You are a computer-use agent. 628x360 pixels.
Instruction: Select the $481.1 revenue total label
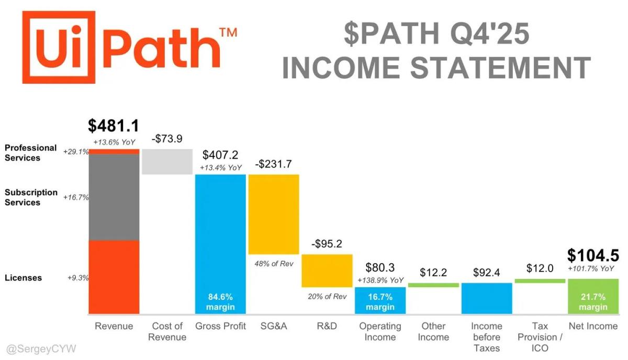click(114, 126)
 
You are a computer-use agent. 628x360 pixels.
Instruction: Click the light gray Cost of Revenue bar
click(167, 161)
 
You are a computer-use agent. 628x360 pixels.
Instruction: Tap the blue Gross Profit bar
click(220, 235)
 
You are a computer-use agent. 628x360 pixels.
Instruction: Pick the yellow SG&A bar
click(274, 214)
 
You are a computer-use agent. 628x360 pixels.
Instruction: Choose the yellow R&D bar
click(327, 271)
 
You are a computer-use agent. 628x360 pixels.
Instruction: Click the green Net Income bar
click(593, 296)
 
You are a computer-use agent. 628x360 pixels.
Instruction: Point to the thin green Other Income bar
click(433, 285)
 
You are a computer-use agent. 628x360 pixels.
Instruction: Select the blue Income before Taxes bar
click(487, 298)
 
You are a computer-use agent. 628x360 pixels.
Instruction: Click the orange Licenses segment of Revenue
click(114, 277)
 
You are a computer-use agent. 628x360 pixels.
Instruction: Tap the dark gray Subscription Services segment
click(114, 197)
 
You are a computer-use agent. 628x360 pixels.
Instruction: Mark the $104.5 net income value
click(593, 255)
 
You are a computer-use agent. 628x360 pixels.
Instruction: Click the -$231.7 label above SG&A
click(274, 164)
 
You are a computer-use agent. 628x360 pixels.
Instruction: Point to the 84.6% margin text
click(220, 301)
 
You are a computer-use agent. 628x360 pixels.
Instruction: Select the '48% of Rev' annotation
click(274, 264)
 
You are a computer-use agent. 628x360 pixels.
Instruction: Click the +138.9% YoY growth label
click(380, 280)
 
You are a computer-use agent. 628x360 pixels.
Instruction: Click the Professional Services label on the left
click(30, 153)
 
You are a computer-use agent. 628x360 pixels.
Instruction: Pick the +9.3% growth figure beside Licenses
click(78, 278)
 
